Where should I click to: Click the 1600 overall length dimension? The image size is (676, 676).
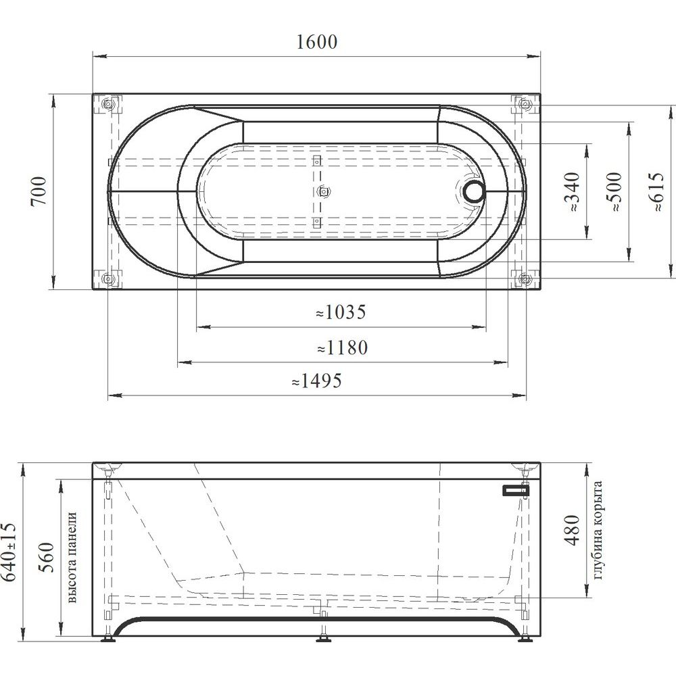317,42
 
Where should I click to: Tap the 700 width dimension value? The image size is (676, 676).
39,191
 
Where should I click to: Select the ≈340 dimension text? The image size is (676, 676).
572,191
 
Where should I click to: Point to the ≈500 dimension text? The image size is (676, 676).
614,191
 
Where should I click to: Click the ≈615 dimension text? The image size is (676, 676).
656,191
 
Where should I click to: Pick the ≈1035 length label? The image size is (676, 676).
341,312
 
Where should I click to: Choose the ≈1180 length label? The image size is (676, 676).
342,347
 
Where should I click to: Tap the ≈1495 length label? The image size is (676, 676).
317,380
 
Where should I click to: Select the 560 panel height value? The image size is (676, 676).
47,557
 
